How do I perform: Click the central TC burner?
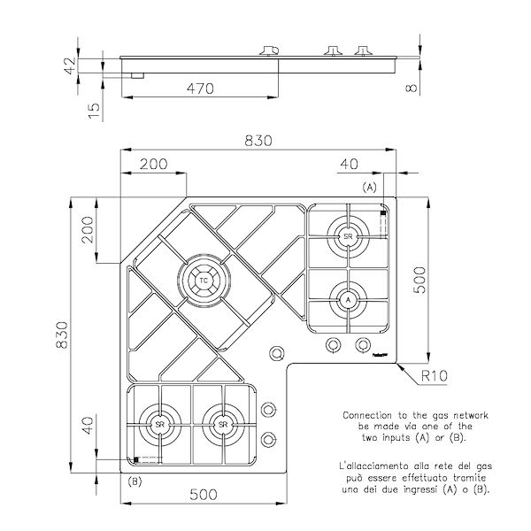[x=204, y=281]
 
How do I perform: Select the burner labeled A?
[x=348, y=300]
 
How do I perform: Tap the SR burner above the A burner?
[x=348, y=236]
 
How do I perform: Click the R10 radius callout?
[x=433, y=375]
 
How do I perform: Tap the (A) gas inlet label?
[x=369, y=188]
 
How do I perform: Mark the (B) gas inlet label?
[x=135, y=481]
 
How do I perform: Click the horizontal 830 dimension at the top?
[x=258, y=139]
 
